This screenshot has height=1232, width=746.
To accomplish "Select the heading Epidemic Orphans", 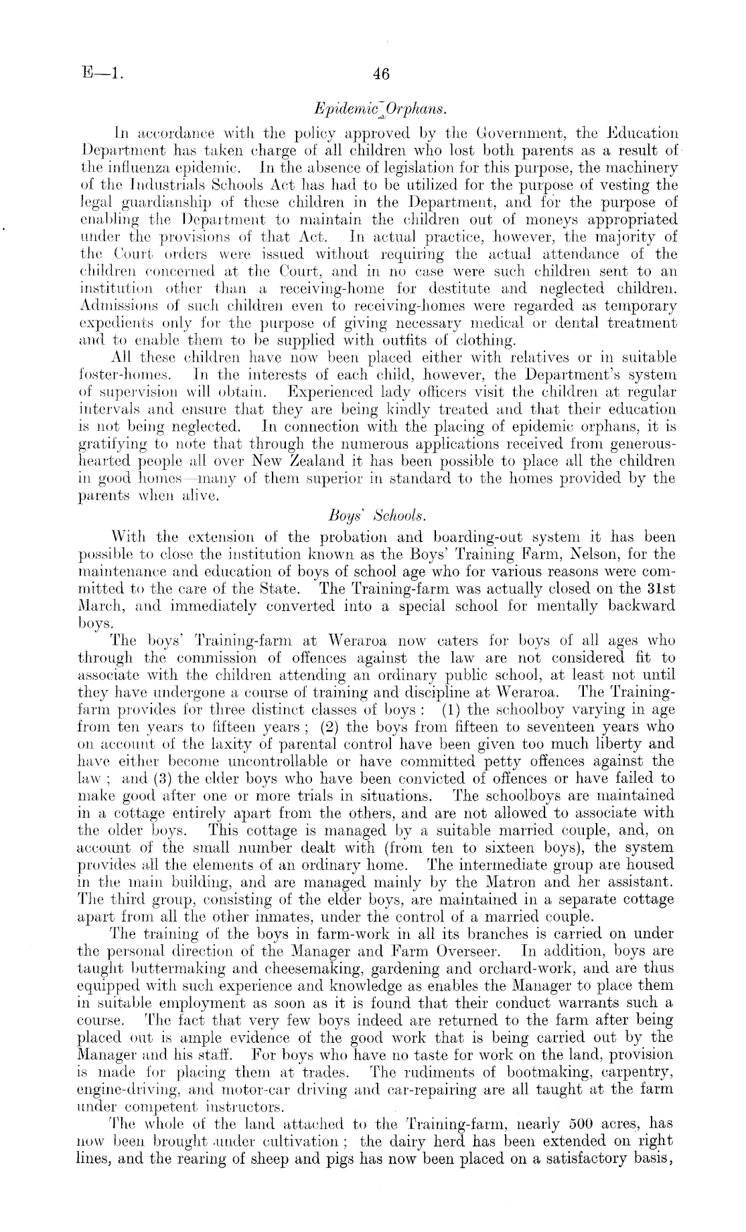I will click(379, 108).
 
